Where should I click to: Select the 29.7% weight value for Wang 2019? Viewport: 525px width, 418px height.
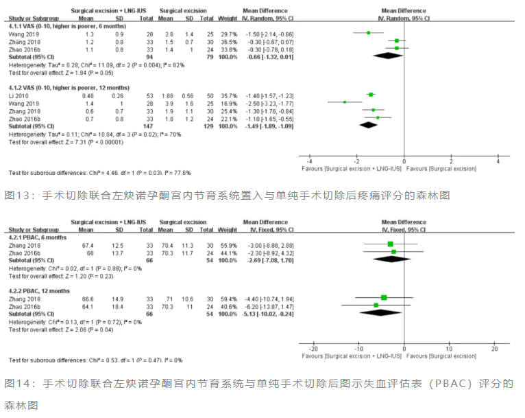tap(230, 34)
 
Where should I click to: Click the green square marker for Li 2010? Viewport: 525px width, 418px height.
tap(371, 95)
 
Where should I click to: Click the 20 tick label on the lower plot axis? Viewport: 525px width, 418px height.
tap(495, 349)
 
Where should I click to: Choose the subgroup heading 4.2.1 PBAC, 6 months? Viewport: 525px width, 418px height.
tap(41, 236)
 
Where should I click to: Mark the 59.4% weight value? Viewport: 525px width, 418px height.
tap(230, 298)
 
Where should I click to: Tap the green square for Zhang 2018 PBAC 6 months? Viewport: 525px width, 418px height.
tap(391, 244)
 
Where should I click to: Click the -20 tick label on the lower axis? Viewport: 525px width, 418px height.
tap(314, 349)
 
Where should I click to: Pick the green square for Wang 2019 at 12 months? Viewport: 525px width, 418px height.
tap(344, 102)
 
